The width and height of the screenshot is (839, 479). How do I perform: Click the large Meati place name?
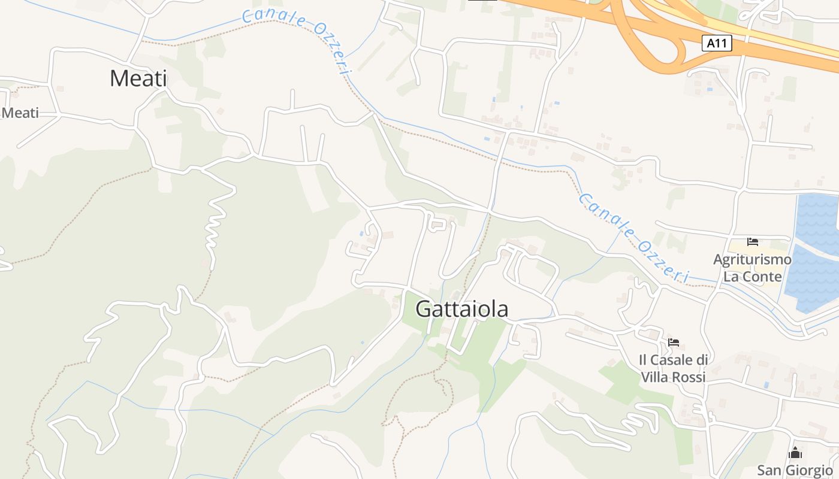coord(138,78)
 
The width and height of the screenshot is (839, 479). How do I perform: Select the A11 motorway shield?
coord(717,43)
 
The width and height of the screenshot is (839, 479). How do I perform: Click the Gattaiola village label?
coord(461,309)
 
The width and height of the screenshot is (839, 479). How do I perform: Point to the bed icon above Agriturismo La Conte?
coord(753,242)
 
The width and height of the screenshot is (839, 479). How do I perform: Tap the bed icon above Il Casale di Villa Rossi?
coord(674,342)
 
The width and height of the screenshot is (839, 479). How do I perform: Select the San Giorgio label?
coord(795,470)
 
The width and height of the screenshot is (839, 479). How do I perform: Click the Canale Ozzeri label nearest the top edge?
coord(297,39)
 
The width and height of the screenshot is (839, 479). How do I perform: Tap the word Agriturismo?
coord(752,260)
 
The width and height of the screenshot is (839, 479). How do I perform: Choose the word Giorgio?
coord(809,470)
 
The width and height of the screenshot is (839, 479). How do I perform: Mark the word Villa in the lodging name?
coord(657,377)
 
